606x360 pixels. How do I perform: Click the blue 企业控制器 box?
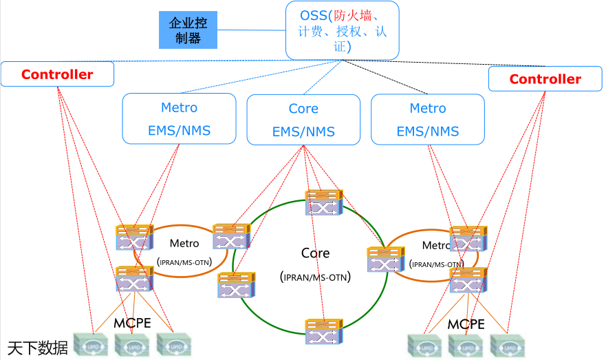(188, 30)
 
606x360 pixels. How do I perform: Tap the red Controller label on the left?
(57, 74)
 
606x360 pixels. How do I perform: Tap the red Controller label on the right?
(545, 79)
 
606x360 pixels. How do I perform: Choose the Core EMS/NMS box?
(303, 120)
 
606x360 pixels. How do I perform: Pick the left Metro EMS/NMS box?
(179, 119)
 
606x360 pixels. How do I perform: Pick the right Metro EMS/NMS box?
(427, 119)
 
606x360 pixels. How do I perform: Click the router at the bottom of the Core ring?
(324, 331)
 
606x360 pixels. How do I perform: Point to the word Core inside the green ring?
(316, 253)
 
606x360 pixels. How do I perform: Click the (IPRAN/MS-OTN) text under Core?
(316, 277)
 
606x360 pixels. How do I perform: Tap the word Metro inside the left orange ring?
(184, 243)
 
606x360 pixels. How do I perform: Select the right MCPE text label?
(466, 324)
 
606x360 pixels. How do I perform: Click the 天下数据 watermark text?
(38, 348)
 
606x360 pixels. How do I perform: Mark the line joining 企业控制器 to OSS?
(251, 30)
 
